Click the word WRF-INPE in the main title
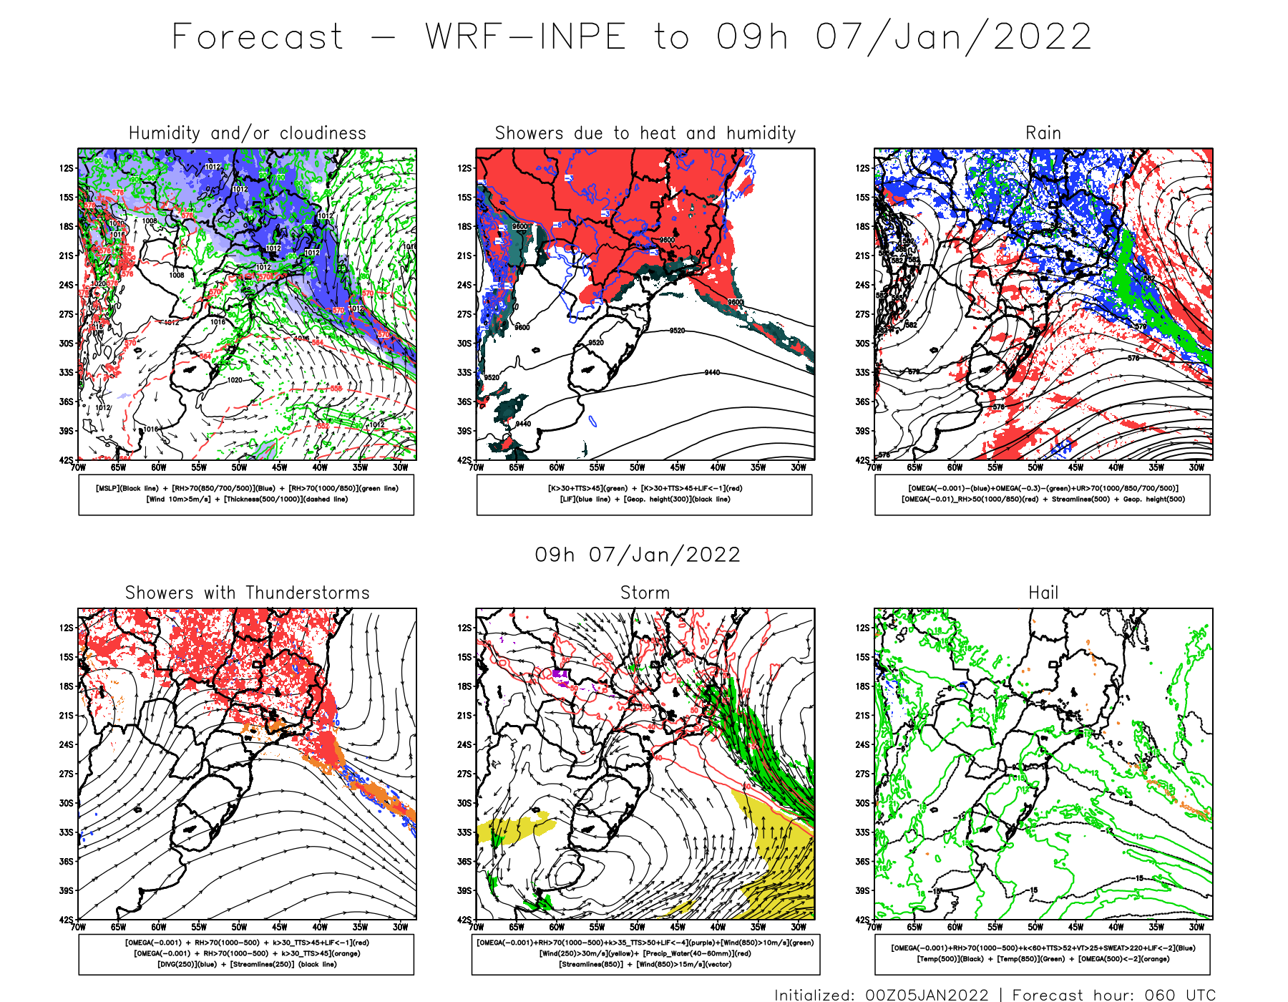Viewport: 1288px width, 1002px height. (526, 37)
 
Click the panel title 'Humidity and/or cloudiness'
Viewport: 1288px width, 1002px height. (247, 133)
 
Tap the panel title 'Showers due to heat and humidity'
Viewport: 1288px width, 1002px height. (645, 133)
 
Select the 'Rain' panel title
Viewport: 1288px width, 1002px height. (1043, 133)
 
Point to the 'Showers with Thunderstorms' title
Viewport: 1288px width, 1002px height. (247, 593)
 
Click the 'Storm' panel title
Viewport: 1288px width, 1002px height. (645, 593)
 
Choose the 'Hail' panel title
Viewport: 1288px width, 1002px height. (1043, 593)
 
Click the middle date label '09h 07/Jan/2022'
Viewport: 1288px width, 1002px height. (638, 555)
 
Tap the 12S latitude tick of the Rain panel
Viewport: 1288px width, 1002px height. (863, 168)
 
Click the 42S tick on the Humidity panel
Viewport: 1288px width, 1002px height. (67, 460)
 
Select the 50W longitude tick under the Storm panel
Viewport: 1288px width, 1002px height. (638, 928)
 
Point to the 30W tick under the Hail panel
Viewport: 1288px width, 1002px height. (1196, 928)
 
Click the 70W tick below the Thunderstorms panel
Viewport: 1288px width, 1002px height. (79, 928)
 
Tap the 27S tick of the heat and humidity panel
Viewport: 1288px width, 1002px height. (465, 314)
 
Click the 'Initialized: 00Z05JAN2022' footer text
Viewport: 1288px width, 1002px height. (881, 995)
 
